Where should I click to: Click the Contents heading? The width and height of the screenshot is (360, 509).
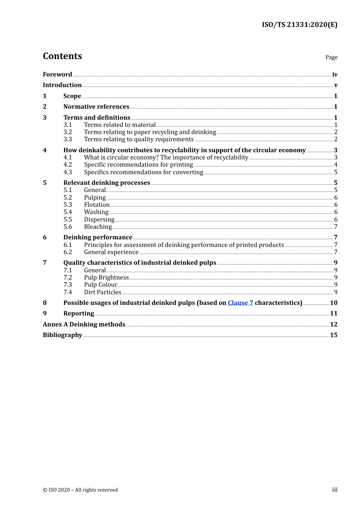pos(62,56)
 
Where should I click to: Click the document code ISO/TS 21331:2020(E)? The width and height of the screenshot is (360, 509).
pos(299,25)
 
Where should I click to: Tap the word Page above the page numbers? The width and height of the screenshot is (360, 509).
pos(331,57)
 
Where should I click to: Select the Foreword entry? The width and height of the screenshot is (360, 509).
pos(57,74)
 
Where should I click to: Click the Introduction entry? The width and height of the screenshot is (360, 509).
pos(62,85)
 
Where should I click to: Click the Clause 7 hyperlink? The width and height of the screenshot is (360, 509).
pos(240,303)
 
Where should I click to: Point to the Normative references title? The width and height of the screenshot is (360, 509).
pos(96,106)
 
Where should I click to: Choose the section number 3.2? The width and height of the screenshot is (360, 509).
pos(68,132)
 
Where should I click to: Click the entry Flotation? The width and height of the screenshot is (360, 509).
pos(97,205)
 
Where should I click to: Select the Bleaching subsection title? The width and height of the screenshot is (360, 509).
pos(98,226)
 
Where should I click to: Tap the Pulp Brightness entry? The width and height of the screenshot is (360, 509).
pos(106,277)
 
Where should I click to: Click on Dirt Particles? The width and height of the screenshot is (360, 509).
pos(103,292)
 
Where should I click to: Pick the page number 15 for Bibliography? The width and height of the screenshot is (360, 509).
pos(333,335)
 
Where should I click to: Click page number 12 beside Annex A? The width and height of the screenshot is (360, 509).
pos(333,324)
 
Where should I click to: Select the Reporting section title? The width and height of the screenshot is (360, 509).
pos(78,313)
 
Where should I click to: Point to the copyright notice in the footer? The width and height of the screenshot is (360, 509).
pos(80,490)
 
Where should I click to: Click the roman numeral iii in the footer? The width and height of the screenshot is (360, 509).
pos(335,490)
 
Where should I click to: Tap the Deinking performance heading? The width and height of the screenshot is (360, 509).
pos(98,237)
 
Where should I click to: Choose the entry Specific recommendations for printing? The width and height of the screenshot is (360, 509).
pos(138,164)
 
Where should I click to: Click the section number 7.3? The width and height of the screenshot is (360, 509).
pos(68,284)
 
